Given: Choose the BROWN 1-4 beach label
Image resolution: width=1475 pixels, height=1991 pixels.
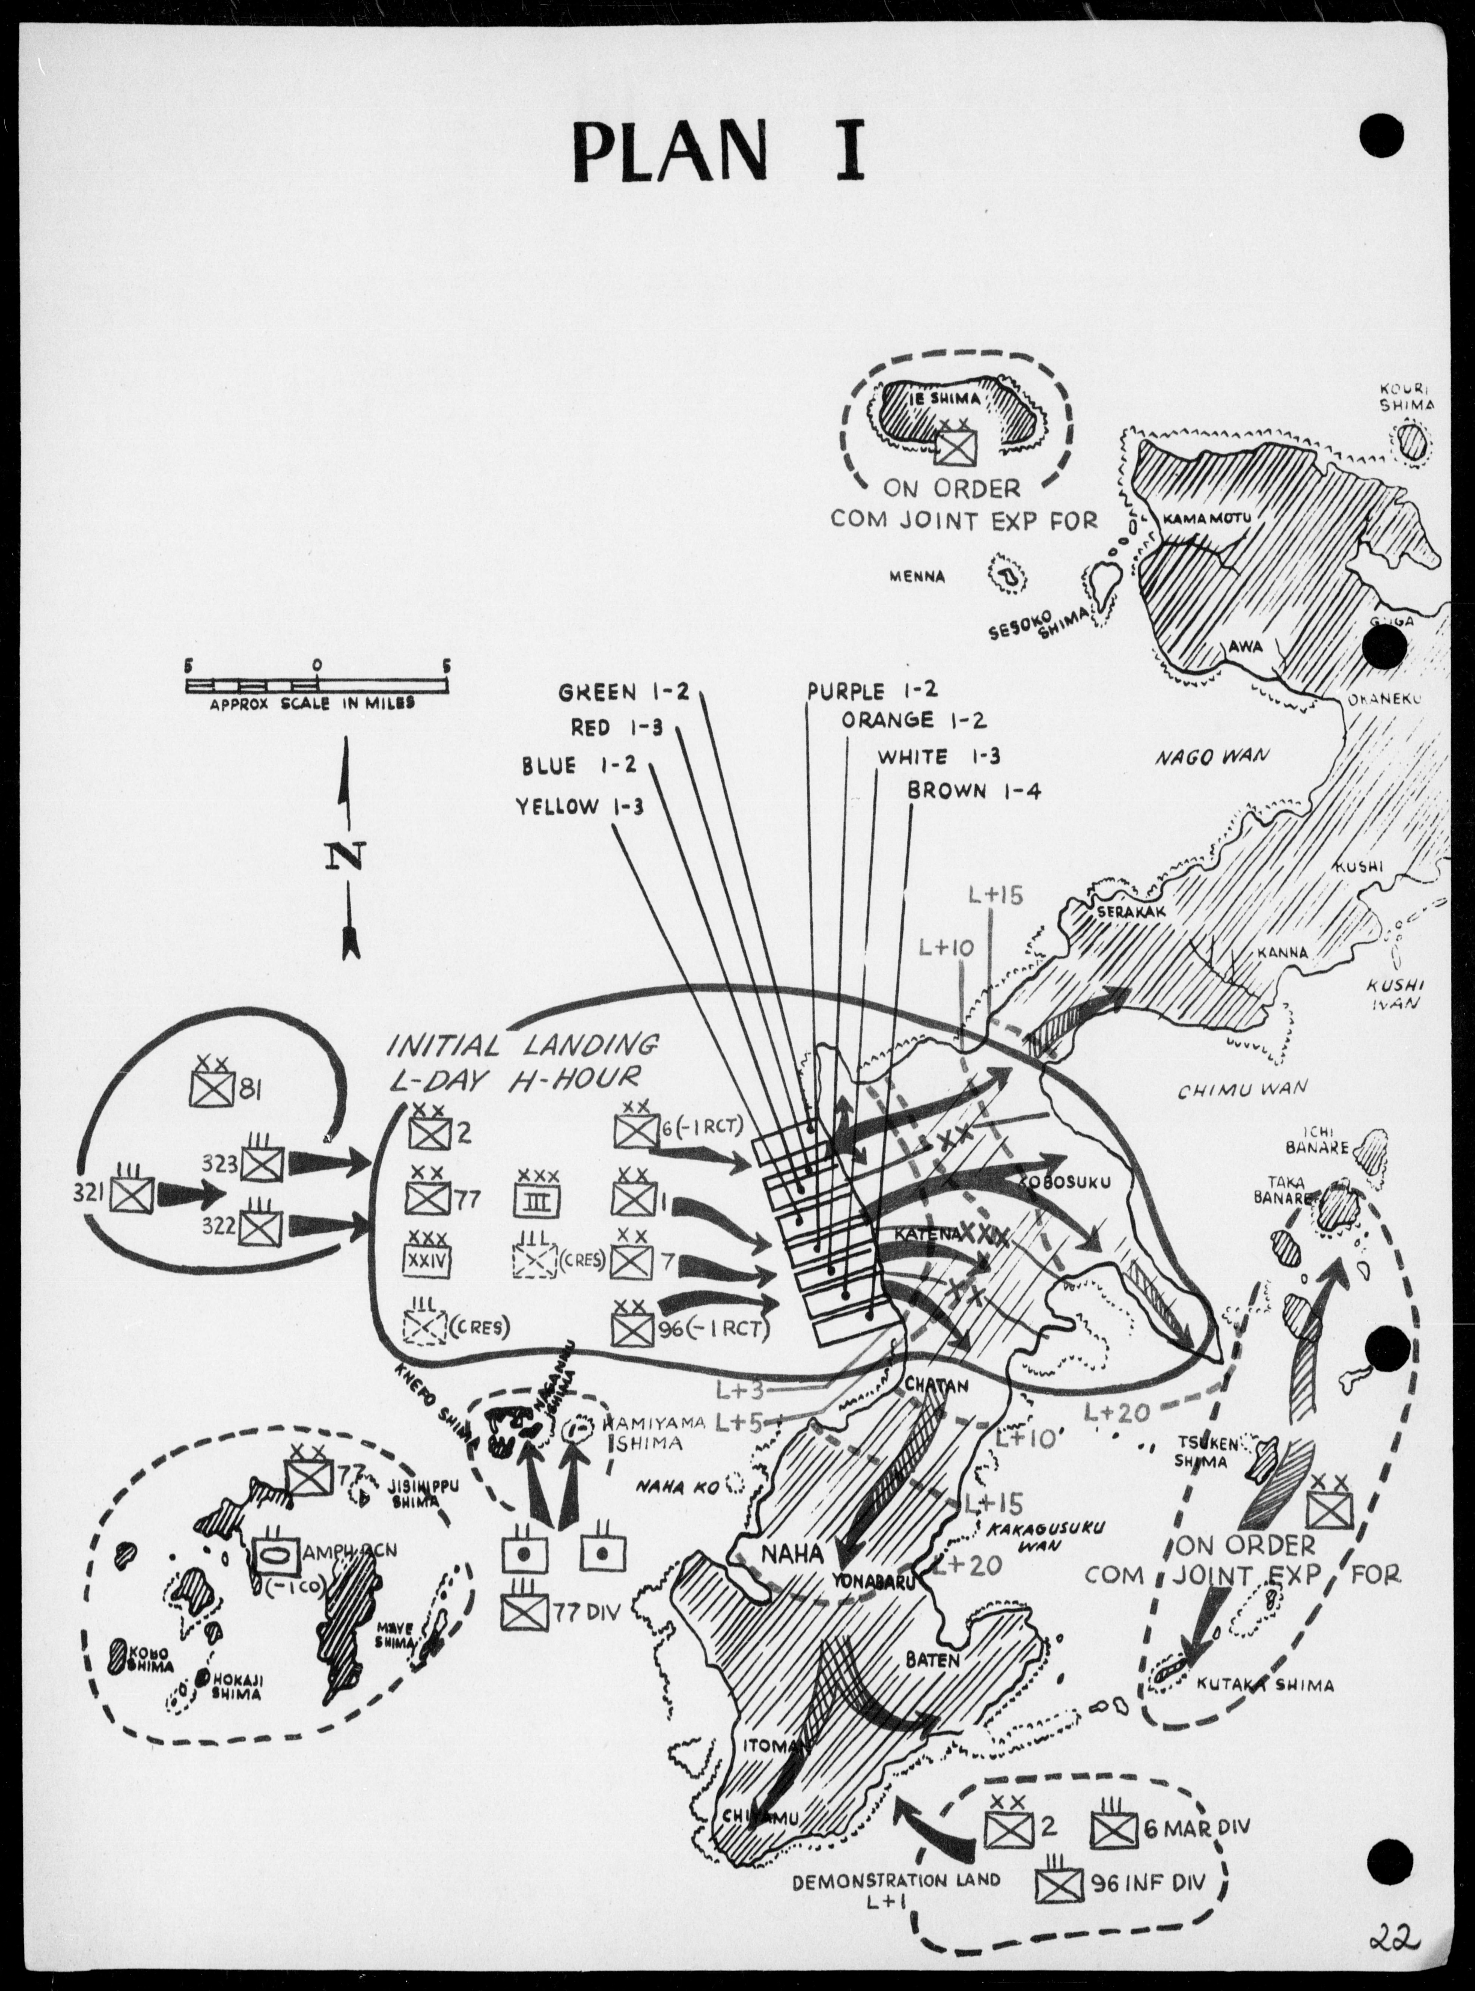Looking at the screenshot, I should coord(974,791).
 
